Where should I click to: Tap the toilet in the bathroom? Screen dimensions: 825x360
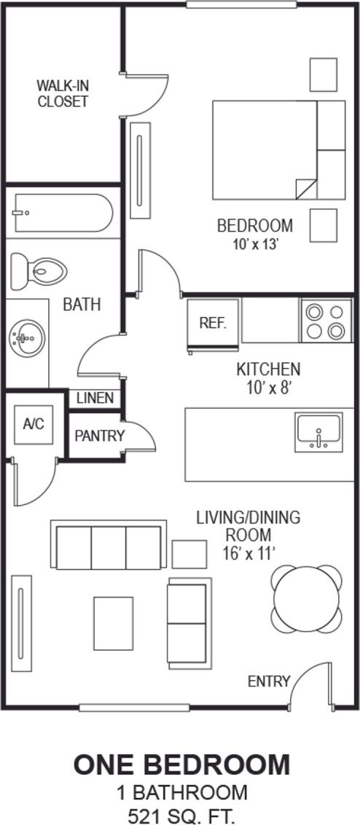[39, 270]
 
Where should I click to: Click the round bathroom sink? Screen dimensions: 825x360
[27, 337]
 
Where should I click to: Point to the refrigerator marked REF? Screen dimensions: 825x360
[213, 323]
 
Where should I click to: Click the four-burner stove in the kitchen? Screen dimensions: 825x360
[325, 321]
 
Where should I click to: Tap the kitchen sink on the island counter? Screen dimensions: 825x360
[318, 431]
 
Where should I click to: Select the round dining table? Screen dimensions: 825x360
[307, 600]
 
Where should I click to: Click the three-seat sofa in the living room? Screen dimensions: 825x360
[109, 546]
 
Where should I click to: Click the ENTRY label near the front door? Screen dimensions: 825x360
[268, 681]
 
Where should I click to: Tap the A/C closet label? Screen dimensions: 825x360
[34, 423]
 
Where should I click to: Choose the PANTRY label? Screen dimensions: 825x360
[100, 436]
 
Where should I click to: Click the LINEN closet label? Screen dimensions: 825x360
[95, 398]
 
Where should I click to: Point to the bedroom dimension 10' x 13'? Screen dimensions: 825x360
[254, 244]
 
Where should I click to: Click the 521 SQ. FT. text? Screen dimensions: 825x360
[181, 813]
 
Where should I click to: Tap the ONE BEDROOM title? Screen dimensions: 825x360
[181, 765]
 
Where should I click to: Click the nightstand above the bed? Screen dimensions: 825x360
[324, 74]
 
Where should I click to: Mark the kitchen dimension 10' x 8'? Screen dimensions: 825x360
[268, 387]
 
